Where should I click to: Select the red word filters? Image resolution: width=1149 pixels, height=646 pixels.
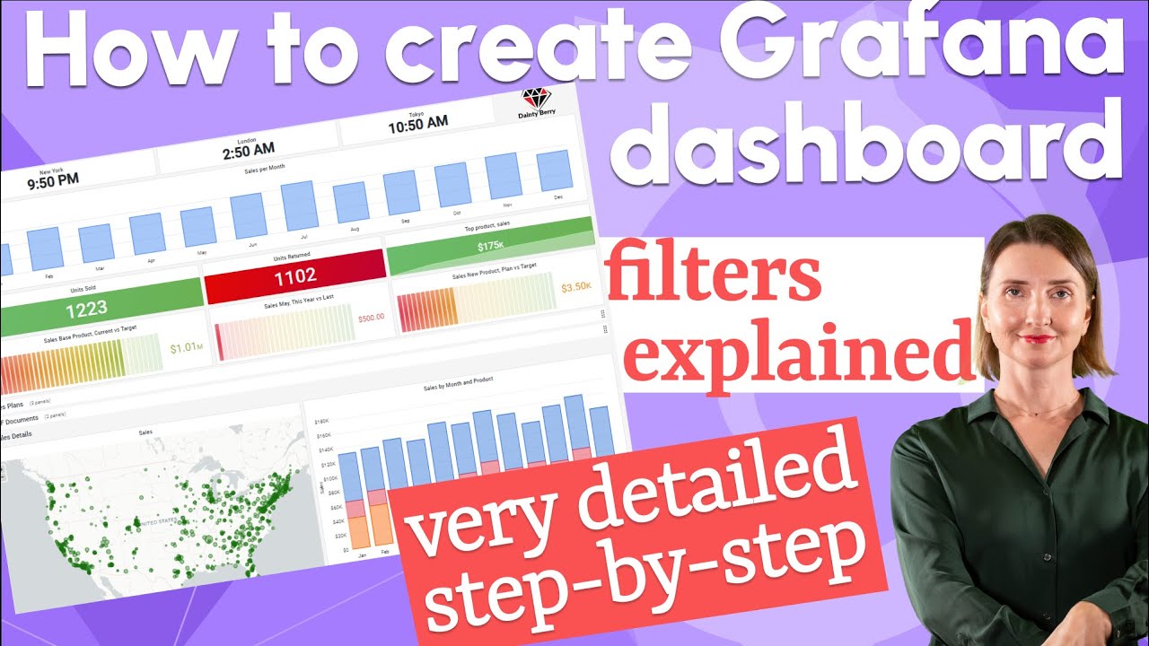[714, 278]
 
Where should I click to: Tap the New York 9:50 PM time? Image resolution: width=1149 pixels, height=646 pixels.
[52, 179]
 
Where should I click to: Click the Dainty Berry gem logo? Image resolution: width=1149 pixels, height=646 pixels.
[536, 98]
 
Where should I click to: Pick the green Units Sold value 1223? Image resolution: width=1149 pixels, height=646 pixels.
[86, 308]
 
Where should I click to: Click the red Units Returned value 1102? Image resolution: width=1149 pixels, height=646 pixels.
[294, 277]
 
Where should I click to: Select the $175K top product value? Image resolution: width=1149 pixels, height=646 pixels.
[490, 246]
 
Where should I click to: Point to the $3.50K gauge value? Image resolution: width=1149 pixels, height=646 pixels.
[576, 287]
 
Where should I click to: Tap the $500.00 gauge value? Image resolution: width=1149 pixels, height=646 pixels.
[371, 318]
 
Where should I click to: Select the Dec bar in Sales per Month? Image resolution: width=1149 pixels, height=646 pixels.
[556, 170]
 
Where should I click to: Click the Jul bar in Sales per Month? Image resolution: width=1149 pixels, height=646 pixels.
[300, 205]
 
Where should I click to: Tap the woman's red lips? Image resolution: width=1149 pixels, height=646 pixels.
[1037, 338]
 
